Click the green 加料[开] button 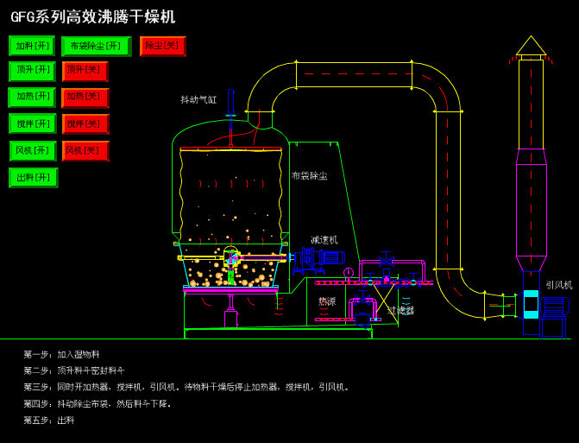32,46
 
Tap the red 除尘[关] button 163,46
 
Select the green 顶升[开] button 32,72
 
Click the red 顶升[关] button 85,72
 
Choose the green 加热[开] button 32,98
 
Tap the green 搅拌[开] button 32,123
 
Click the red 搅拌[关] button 85,123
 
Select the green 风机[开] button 32,150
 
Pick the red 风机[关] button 85,150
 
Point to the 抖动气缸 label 198,100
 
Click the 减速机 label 324,239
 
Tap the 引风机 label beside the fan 558,284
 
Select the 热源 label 327,301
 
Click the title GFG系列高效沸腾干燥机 93,17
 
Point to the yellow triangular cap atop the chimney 531,47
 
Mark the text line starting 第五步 49,420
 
